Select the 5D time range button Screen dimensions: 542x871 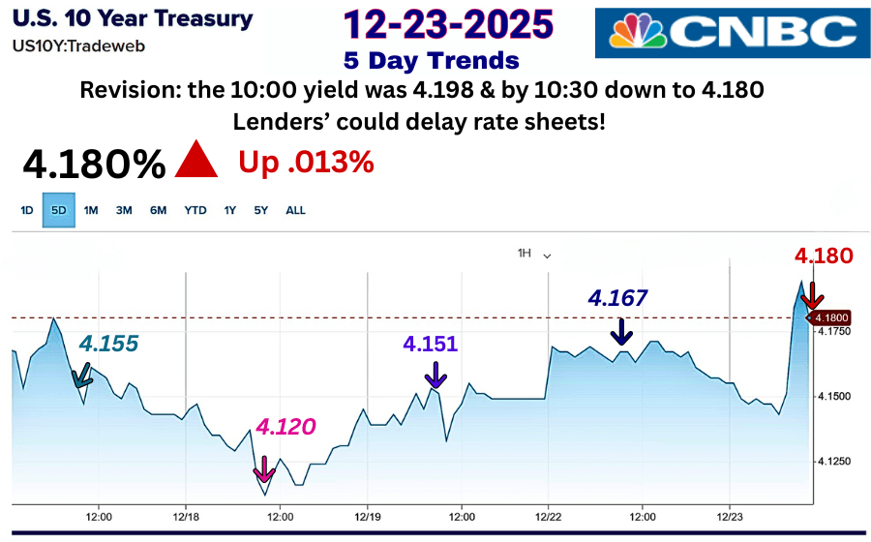(x=58, y=210)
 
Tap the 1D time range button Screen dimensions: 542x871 (x=27, y=210)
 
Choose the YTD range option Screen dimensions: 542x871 (x=195, y=210)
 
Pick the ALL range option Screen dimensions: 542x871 (x=295, y=210)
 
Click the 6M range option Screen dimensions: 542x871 (x=158, y=210)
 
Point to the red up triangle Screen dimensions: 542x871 (x=196, y=161)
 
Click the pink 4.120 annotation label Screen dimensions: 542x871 (x=286, y=427)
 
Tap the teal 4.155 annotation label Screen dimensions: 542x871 (x=108, y=344)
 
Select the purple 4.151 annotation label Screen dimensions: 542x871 (x=431, y=344)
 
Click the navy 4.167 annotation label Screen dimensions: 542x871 (x=617, y=297)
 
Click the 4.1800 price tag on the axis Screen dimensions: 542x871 (x=832, y=317)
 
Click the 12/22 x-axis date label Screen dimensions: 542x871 (x=549, y=517)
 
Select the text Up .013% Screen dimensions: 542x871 (x=306, y=163)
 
